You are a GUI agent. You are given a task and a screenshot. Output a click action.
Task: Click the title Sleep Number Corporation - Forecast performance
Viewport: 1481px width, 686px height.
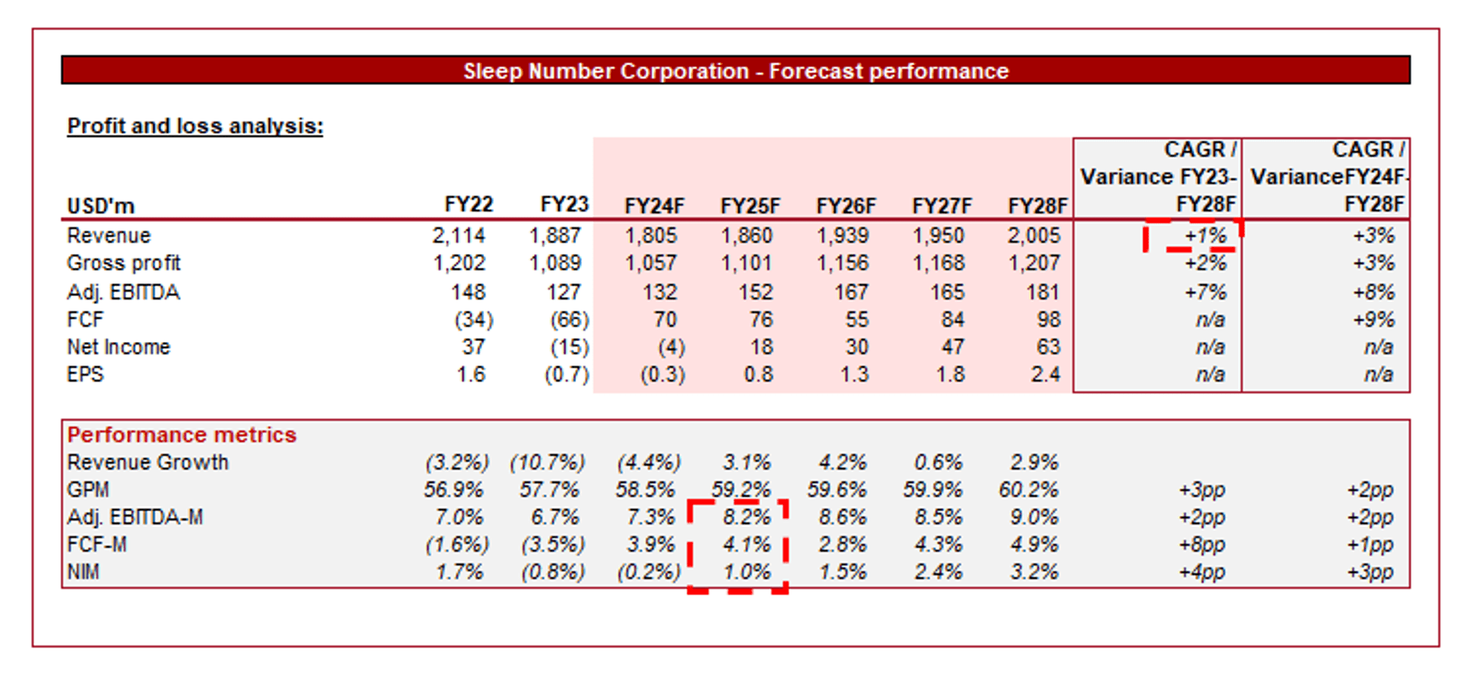point(735,71)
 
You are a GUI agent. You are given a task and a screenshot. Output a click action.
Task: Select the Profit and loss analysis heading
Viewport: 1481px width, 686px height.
point(195,126)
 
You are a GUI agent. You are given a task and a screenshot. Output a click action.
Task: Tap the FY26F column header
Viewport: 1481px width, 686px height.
point(845,206)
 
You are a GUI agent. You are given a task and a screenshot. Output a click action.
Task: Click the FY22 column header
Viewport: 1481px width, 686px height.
point(468,204)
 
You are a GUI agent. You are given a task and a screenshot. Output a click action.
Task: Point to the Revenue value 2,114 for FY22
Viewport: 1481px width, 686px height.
point(458,235)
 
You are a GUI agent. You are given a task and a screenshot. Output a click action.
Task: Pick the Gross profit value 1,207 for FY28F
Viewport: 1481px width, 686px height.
point(1034,263)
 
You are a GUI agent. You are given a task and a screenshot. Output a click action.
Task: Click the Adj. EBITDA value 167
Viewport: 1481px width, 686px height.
point(851,292)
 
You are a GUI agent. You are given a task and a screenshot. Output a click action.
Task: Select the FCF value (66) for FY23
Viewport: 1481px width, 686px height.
point(569,320)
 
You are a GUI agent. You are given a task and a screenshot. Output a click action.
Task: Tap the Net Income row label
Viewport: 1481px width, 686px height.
point(118,347)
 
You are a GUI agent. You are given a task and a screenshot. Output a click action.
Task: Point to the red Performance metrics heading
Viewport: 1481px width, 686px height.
point(181,434)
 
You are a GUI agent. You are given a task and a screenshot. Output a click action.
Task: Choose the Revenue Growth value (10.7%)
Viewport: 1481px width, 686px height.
point(547,463)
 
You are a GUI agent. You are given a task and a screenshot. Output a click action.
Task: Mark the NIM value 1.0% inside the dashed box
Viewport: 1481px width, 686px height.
point(746,572)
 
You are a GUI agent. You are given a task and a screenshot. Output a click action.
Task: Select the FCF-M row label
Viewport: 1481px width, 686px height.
point(97,545)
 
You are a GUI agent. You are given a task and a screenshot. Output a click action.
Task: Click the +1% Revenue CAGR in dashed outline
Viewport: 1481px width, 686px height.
point(1205,236)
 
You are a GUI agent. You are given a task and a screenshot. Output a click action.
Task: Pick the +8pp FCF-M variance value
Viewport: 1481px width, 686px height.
point(1202,545)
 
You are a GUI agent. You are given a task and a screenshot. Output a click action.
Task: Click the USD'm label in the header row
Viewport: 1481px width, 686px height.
point(101,206)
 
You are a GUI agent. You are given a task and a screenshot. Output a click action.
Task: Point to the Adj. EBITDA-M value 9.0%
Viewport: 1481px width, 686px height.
point(1034,517)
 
